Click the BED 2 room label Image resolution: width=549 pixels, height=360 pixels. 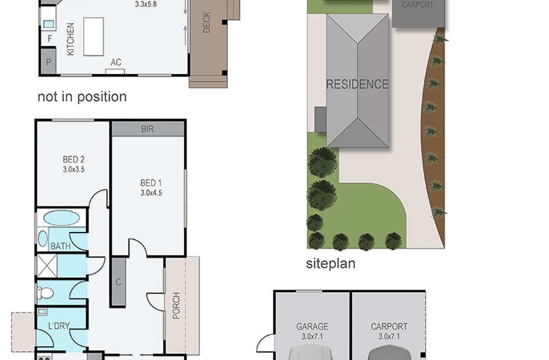click(x=73, y=159)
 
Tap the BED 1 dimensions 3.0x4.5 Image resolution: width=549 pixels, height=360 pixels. click(x=151, y=193)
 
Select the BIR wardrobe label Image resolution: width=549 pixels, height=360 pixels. click(x=148, y=129)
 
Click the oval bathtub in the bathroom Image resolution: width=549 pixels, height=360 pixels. click(x=62, y=218)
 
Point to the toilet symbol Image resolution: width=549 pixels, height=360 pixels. click(x=45, y=293)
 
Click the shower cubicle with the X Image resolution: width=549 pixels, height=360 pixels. click(x=47, y=265)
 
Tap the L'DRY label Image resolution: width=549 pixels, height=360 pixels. click(x=59, y=326)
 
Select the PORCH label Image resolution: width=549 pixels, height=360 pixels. click(x=176, y=306)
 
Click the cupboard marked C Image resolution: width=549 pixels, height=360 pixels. click(x=118, y=282)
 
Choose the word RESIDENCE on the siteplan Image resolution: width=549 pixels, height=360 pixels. click(x=357, y=84)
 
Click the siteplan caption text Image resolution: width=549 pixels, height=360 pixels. click(x=331, y=264)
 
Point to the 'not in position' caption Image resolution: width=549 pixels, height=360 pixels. click(x=82, y=97)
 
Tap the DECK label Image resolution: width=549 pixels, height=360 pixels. click(x=207, y=22)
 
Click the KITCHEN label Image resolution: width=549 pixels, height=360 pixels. click(x=70, y=39)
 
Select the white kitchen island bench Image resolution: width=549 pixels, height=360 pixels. click(x=93, y=37)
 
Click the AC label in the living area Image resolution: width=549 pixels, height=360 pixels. click(x=116, y=62)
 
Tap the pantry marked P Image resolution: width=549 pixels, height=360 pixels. click(x=49, y=62)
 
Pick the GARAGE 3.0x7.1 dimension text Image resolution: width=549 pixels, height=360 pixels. click(x=312, y=337)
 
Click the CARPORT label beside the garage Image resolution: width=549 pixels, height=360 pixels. click(x=389, y=326)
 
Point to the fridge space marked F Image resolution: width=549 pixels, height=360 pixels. click(x=50, y=38)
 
